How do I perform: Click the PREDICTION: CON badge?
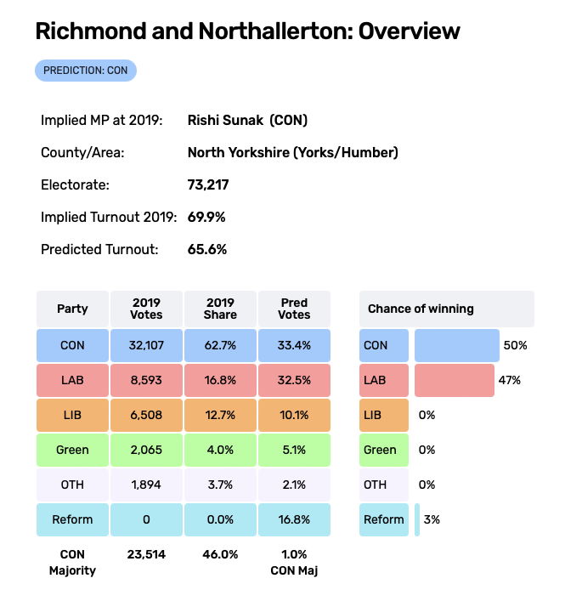pyautogui.click(x=86, y=71)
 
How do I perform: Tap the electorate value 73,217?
pyautogui.click(x=208, y=184)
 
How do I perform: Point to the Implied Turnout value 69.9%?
pyautogui.click(x=206, y=217)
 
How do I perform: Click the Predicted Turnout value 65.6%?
pyautogui.click(x=206, y=249)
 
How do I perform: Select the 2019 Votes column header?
pyautogui.click(x=146, y=309)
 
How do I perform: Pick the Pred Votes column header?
pyautogui.click(x=294, y=309)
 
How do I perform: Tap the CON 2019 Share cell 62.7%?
pyautogui.click(x=220, y=346)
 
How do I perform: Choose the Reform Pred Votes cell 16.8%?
pyautogui.click(x=294, y=519)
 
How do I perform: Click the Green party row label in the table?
pyautogui.click(x=72, y=450)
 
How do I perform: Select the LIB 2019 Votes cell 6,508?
pyautogui.click(x=146, y=416)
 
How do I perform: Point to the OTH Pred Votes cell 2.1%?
pyautogui.click(x=294, y=485)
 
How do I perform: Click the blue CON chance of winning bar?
pyautogui.click(x=457, y=346)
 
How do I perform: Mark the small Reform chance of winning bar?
pyautogui.click(x=417, y=519)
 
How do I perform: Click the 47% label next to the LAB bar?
pyautogui.click(x=510, y=381)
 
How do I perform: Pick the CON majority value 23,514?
pyautogui.click(x=146, y=554)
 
